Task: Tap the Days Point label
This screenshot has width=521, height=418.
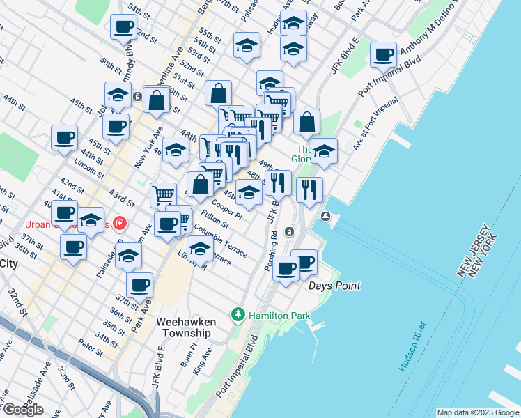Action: pyautogui.click(x=334, y=286)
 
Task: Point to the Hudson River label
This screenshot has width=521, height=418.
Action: pyautogui.click(x=412, y=346)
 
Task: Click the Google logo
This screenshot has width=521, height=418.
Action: pyautogui.click(x=22, y=410)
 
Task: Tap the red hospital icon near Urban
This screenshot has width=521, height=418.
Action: pyautogui.click(x=120, y=224)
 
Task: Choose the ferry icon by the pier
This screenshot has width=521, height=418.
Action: pyautogui.click(x=326, y=217)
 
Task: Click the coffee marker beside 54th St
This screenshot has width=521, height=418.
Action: pyautogui.click(x=123, y=28)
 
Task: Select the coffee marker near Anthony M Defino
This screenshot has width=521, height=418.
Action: pyautogui.click(x=382, y=54)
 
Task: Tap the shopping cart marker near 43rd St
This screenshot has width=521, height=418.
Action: pyautogui.click(x=163, y=195)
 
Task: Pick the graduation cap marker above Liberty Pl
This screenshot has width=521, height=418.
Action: pyautogui.click(x=200, y=249)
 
